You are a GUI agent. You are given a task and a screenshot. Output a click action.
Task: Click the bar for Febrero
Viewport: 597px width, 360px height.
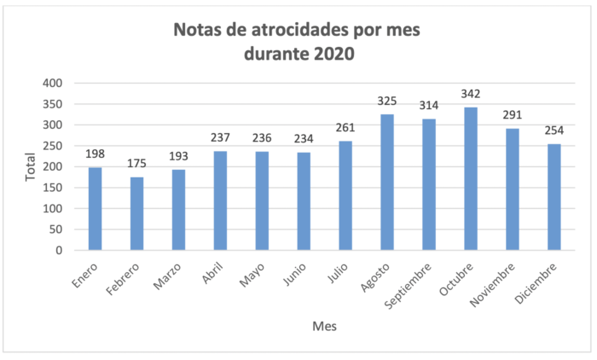tap(136, 214)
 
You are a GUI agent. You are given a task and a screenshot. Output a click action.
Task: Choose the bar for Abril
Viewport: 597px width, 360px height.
tap(220, 200)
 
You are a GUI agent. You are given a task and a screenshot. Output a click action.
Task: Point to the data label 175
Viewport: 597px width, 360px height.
tap(136, 162)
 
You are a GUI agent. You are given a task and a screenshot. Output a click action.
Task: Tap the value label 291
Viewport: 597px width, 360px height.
tap(512, 113)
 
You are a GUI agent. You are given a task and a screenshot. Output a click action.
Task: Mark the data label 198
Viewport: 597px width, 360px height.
tap(95, 153)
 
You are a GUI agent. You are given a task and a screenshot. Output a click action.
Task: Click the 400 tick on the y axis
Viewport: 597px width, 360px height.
tap(53, 84)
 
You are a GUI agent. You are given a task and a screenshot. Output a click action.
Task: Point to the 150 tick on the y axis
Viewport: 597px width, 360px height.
tap(53, 188)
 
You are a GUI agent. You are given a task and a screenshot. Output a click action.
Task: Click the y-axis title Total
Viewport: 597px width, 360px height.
tap(31, 167)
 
